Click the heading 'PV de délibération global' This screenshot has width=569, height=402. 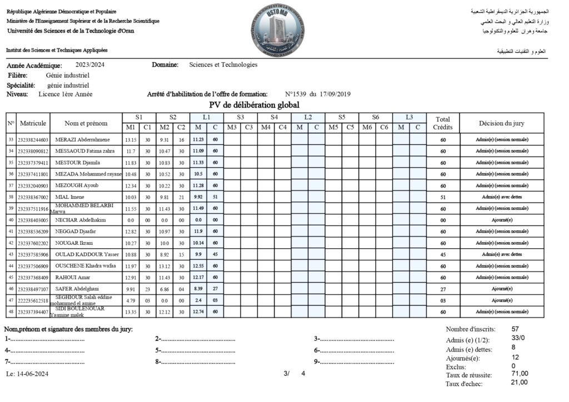pyautogui.click(x=254, y=105)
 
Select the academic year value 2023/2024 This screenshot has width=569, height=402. pyautogui.click(x=91, y=64)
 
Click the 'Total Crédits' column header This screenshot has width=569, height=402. pyautogui.click(x=443, y=123)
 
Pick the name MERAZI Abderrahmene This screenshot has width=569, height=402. pyautogui.click(x=83, y=139)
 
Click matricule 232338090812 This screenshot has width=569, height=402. pyautogui.click(x=33, y=151)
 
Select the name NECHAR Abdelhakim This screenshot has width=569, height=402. pyautogui.click(x=81, y=220)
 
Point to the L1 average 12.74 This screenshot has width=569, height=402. pyautogui.click(x=198, y=311)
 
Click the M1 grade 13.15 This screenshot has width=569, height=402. pyautogui.click(x=131, y=139)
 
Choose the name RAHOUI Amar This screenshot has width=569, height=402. pyautogui.click(x=73, y=277)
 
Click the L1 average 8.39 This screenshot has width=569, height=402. pyautogui.click(x=198, y=289)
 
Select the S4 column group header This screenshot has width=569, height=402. pyautogui.click(x=274, y=117)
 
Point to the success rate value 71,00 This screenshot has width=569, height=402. pyautogui.click(x=520, y=374)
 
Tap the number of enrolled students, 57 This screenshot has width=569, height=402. pyautogui.click(x=516, y=329)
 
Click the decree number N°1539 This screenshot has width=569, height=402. pyautogui.click(x=296, y=94)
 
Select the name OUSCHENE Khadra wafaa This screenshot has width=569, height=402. pyautogui.click(x=85, y=265)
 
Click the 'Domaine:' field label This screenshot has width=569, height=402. pyautogui.click(x=165, y=64)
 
